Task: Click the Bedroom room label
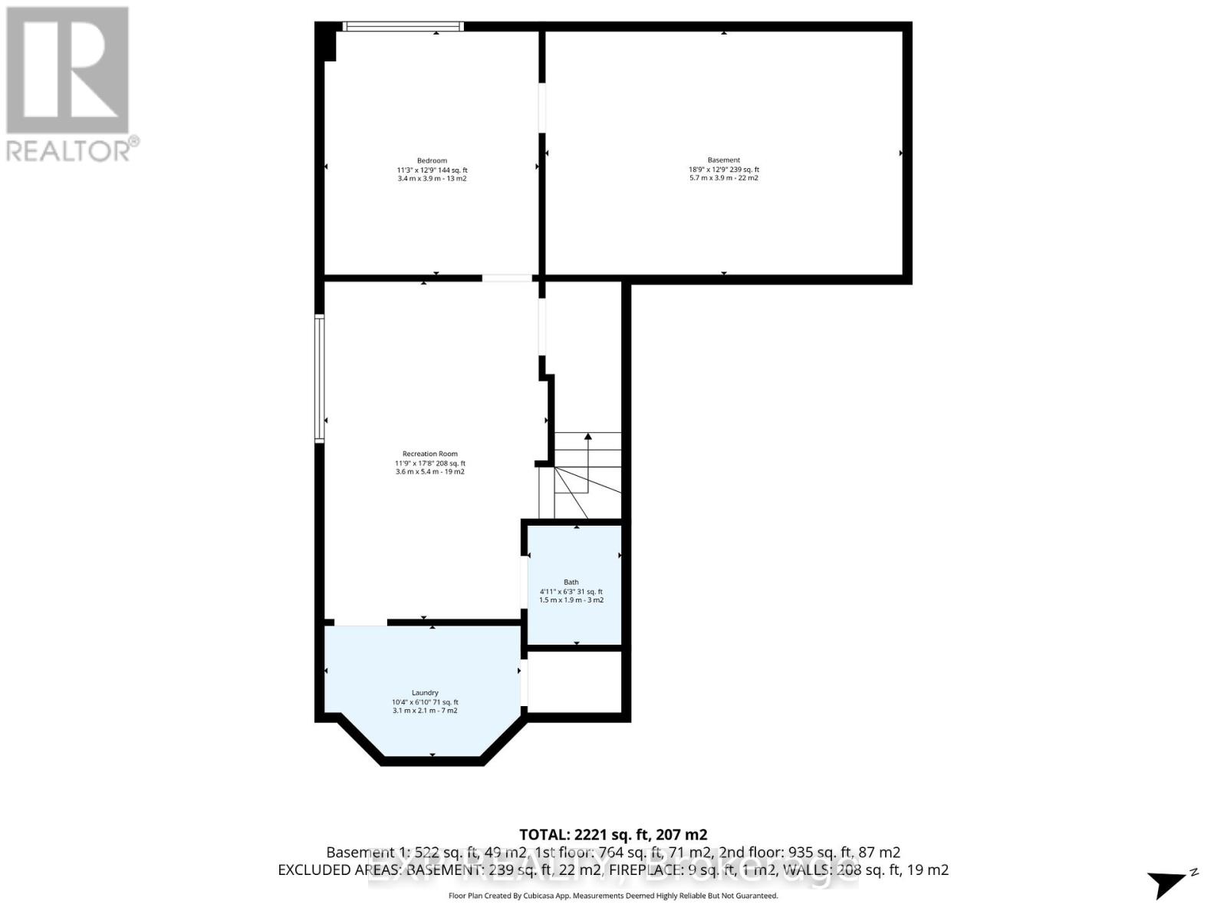pyautogui.click(x=432, y=160)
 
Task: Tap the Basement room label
pyautogui.click(x=723, y=160)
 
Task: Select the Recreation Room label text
pyautogui.click(x=429, y=454)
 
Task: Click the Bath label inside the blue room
pyautogui.click(x=571, y=582)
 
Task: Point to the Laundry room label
pyautogui.click(x=425, y=692)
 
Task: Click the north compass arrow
pyautogui.click(x=1170, y=883)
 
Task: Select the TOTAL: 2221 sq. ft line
pyautogui.click(x=613, y=834)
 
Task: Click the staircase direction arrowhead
pyautogui.click(x=588, y=436)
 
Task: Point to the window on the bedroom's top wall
pyautogui.click(x=403, y=26)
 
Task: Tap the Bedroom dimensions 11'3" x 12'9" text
pyautogui.click(x=432, y=170)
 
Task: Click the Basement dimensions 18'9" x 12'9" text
pyautogui.click(x=723, y=170)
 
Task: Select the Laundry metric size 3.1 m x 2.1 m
pyautogui.click(x=425, y=711)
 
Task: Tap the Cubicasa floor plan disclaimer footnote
pyautogui.click(x=613, y=896)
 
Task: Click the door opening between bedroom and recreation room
pyautogui.click(x=507, y=278)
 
